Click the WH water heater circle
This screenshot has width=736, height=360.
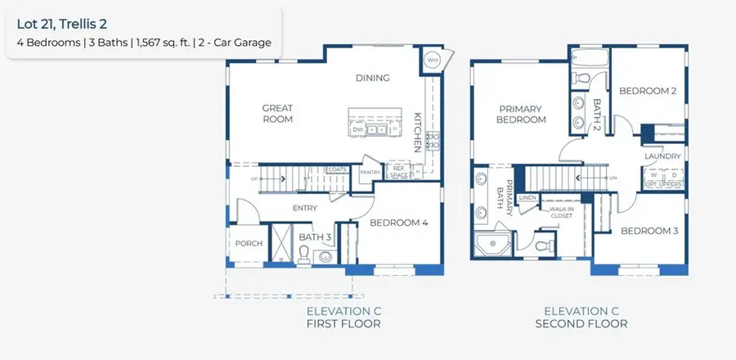432,60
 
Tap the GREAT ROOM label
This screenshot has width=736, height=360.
277,113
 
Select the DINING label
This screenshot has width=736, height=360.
372,79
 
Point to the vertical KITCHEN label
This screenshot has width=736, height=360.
418,132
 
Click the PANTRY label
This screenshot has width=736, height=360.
370,172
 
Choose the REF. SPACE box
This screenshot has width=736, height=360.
398,171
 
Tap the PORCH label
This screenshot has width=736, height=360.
249,243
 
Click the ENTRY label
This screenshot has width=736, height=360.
304,208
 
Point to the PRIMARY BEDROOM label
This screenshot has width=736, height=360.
523,114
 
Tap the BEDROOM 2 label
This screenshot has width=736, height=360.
648,91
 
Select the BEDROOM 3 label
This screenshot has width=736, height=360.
649,231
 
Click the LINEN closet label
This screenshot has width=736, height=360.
527,197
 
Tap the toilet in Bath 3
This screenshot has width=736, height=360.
303,255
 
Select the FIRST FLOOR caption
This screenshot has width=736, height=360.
343,324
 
